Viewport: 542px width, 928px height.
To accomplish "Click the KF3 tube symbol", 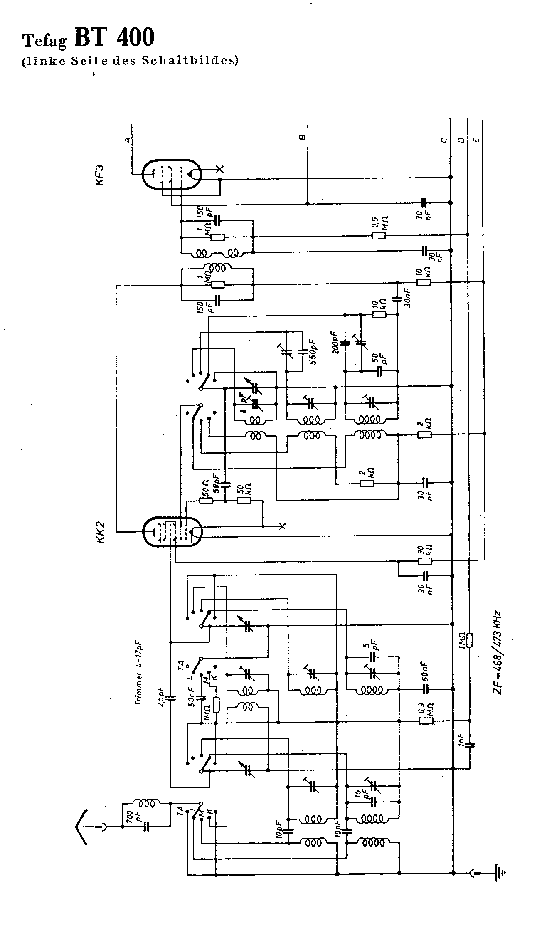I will pos(172,175).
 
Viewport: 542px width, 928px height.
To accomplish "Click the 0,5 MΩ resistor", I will pos(378,236).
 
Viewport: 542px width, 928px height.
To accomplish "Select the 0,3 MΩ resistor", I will pos(426,721).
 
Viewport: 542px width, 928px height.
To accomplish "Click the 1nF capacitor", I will pos(470,744).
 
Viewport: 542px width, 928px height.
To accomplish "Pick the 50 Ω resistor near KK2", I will pos(207,501).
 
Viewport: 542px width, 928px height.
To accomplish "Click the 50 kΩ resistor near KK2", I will pos(244,501).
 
